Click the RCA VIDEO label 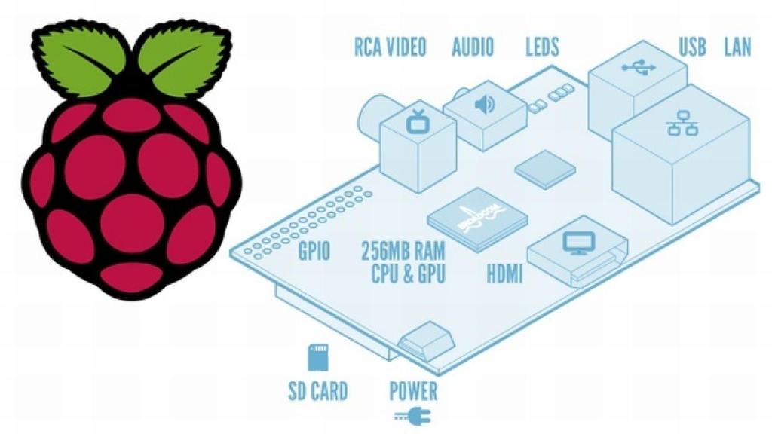[390, 47]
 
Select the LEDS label [542, 47]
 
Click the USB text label [692, 47]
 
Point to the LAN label [737, 47]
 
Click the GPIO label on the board [313, 252]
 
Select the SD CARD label [318, 391]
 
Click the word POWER [413, 391]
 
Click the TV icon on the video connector [417, 121]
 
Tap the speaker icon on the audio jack [483, 103]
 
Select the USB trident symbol [633, 66]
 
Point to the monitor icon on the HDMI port [579, 243]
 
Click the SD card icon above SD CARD [318, 357]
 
